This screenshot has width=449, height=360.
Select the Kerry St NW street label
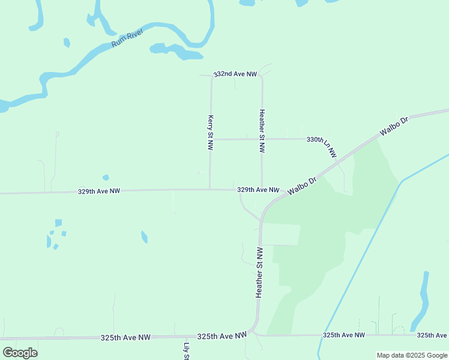pyautogui.click(x=211, y=129)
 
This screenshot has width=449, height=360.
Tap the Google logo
pyautogui.click(x=20, y=353)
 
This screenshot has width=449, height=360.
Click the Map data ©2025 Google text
pyautogui.click(x=412, y=355)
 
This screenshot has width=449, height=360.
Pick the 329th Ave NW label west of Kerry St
pyautogui.click(x=99, y=191)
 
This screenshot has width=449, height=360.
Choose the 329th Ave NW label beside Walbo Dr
pyautogui.click(x=258, y=190)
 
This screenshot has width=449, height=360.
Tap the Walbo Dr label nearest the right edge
pyautogui.click(x=394, y=127)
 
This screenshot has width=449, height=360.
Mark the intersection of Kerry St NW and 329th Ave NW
pyautogui.click(x=209, y=190)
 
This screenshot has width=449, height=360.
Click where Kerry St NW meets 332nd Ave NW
pyautogui.click(x=211, y=76)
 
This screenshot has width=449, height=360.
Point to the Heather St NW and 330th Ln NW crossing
pyautogui.click(x=262, y=139)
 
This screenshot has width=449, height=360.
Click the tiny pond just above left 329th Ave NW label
pyautogui.click(x=106, y=178)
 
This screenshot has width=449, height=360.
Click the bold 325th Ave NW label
pyautogui.click(x=222, y=337)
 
